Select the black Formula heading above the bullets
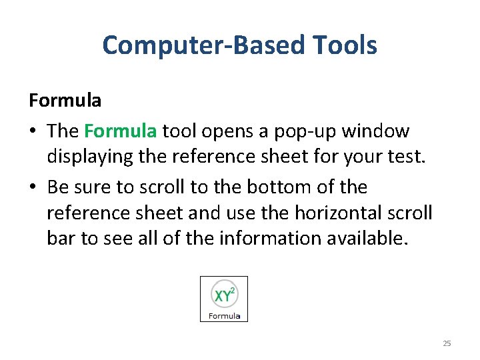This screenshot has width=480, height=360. pos(65,101)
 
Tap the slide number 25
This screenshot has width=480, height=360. pos(447,343)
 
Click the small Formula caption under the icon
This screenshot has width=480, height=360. pos(224,315)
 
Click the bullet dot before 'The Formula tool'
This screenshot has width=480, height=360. pos(33,131)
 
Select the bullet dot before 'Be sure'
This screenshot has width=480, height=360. pos(33,188)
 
